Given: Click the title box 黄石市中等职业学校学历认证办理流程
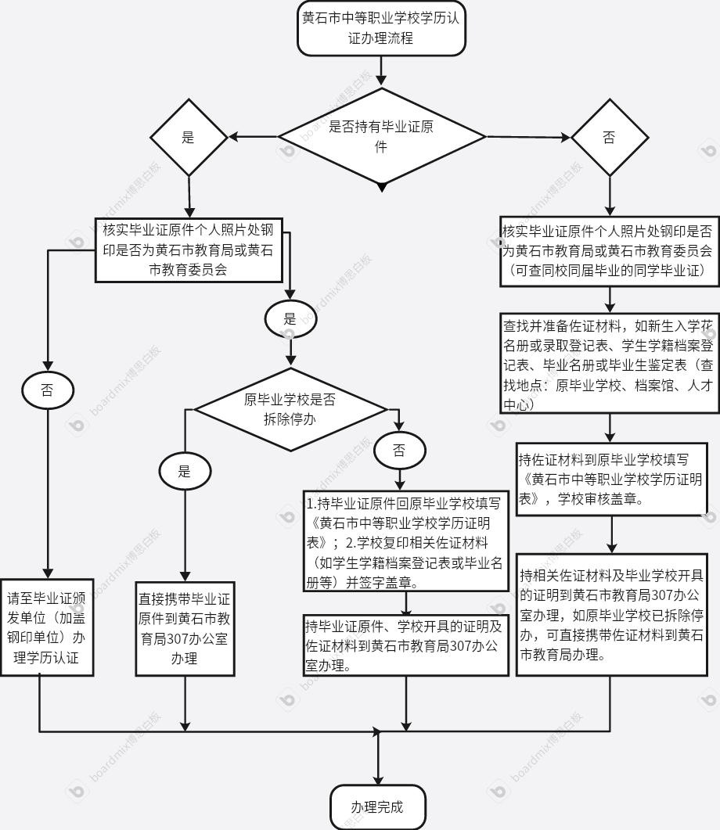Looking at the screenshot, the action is point(381,28).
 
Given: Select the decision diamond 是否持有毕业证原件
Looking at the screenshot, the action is point(382,137).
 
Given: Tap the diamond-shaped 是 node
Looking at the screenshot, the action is point(189,137).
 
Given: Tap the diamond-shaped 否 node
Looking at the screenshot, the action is point(610,137).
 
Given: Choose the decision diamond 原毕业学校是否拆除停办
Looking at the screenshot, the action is point(290,410).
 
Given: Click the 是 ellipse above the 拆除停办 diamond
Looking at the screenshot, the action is point(290,318).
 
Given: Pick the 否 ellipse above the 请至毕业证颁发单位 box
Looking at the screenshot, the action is point(48,390).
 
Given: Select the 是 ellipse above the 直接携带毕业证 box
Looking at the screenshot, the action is point(185,471).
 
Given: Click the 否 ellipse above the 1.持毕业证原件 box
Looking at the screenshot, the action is point(400,451).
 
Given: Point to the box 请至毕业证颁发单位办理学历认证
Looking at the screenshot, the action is point(47,628).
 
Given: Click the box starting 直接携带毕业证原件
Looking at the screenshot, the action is point(185,629).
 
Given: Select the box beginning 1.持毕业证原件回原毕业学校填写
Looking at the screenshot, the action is point(406,542).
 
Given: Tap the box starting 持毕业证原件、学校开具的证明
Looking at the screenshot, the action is point(406,645).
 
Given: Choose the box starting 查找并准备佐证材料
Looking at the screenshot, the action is point(610,363).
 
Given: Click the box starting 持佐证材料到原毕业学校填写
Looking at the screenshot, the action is point(612,479).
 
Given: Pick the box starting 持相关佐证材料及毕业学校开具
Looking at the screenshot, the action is point(612,615).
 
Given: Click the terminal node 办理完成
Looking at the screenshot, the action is point(378,807).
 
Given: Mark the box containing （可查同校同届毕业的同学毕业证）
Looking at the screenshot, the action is point(610,251).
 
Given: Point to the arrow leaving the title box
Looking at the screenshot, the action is point(381,70).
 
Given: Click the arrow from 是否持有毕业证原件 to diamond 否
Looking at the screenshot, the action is point(528,137).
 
